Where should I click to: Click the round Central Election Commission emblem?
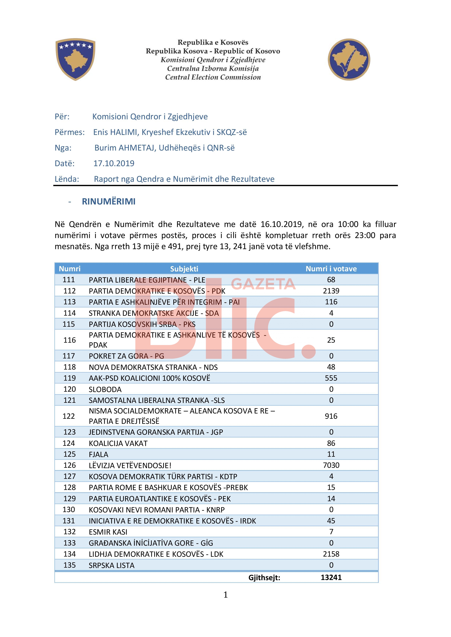pos(349,59)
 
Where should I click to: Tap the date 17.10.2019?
pos(114,163)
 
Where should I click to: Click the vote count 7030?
pos(331,465)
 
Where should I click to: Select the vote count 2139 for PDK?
pos(331,291)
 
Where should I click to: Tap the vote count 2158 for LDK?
pos(331,554)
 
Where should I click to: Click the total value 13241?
pos(331,577)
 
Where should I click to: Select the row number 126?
pos(69,465)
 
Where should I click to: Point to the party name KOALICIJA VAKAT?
pos(118,443)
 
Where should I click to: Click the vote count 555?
pos(331,378)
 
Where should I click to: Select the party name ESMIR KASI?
pos(108,532)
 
